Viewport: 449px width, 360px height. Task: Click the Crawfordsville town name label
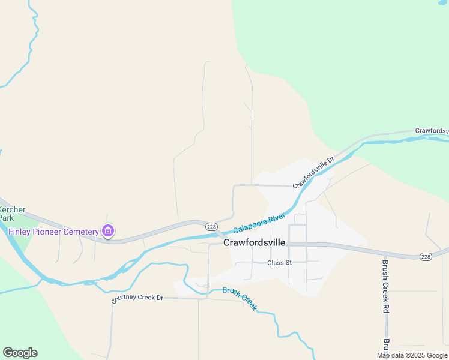pyautogui.click(x=254, y=243)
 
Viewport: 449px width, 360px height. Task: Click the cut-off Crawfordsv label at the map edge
pyautogui.click(x=432, y=131)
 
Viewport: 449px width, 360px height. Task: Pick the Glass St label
pyautogui.click(x=279, y=263)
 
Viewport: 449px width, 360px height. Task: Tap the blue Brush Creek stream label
pyautogui.click(x=240, y=298)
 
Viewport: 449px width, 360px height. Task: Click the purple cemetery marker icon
pyautogui.click(x=108, y=230)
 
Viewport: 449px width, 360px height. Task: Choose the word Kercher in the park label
pyautogui.click(x=12, y=209)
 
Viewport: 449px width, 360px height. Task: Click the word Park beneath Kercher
pyautogui.click(x=6, y=218)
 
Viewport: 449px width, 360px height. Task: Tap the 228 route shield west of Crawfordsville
pyautogui.click(x=211, y=226)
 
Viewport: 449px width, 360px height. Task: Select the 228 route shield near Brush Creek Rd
pyautogui.click(x=426, y=257)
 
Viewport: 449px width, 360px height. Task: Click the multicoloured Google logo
pyautogui.click(x=20, y=353)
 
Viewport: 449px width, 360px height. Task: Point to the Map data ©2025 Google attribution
pyautogui.click(x=412, y=355)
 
